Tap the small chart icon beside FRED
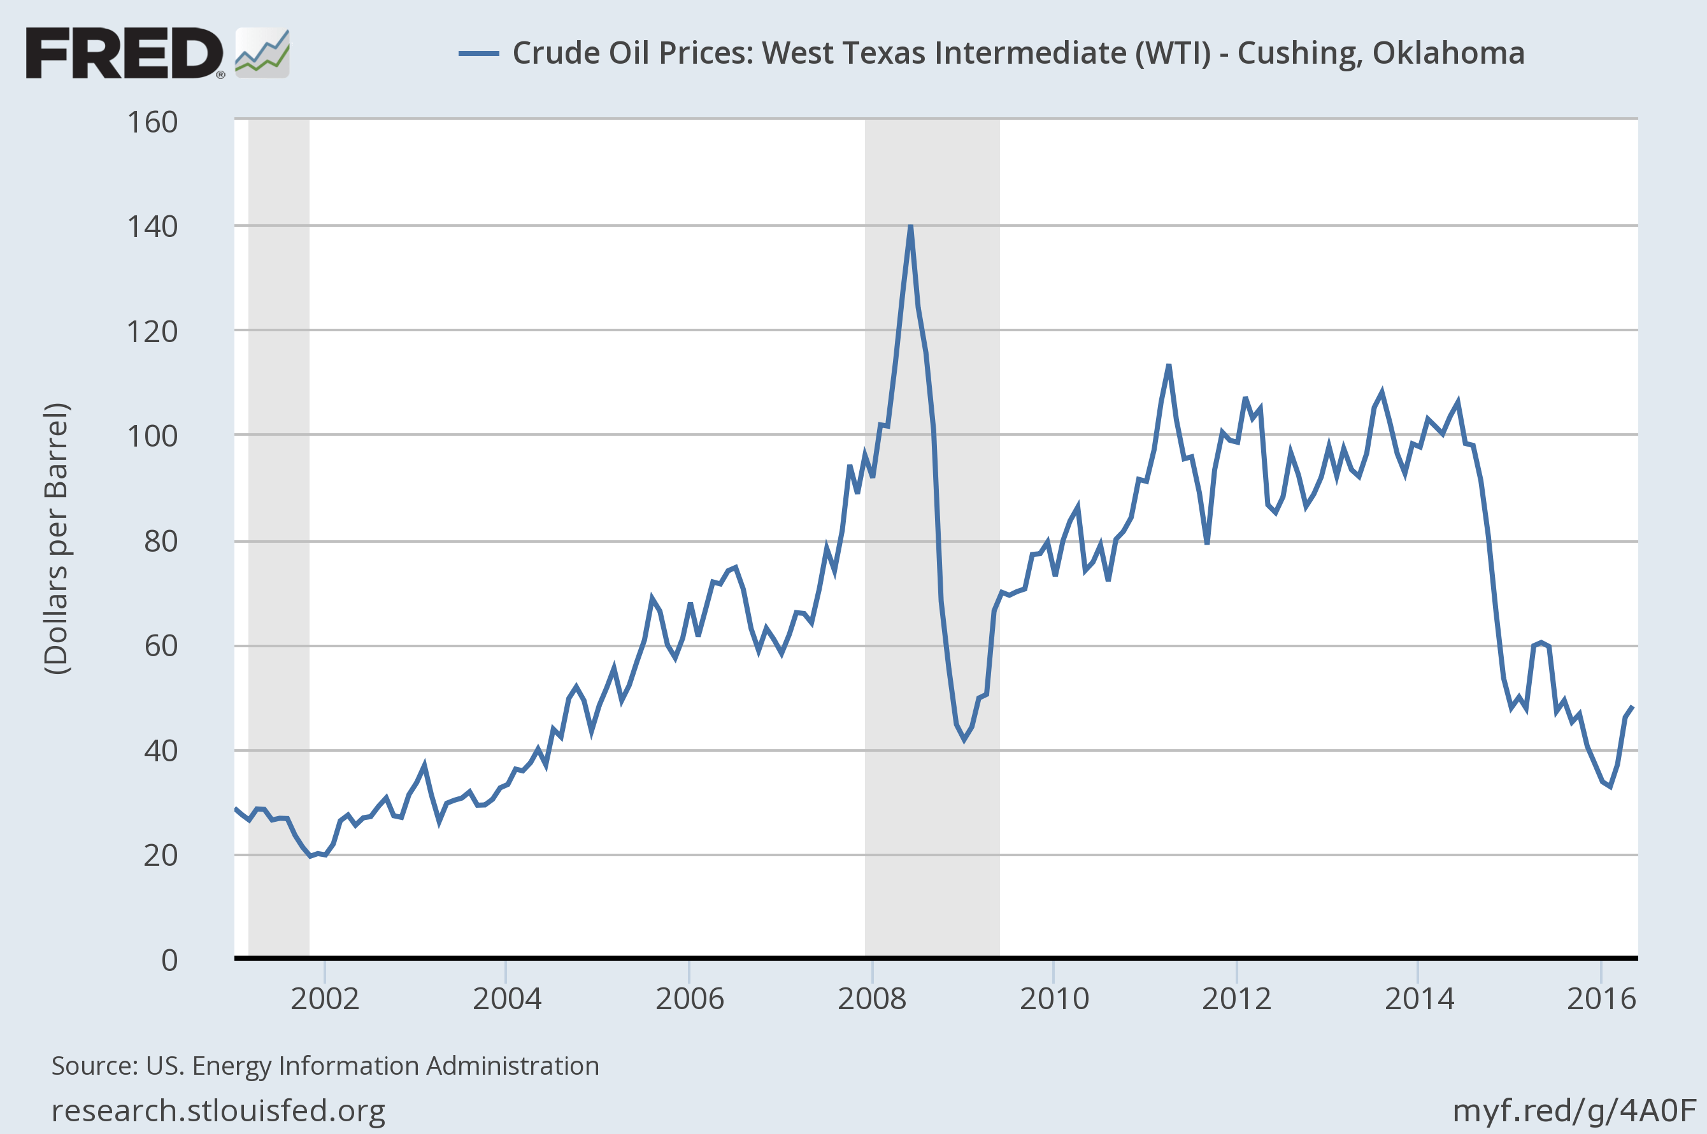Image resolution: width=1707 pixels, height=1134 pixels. click(262, 53)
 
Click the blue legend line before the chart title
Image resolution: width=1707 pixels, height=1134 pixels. click(478, 54)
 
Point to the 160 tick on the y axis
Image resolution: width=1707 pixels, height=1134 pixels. click(152, 122)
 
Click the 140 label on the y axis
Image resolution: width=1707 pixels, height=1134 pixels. click(152, 227)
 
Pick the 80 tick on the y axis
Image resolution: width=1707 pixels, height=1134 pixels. click(161, 541)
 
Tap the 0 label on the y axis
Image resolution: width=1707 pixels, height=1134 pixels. click(169, 959)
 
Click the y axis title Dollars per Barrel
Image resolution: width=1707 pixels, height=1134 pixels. click(57, 539)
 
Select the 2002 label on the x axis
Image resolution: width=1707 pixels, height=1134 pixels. click(325, 999)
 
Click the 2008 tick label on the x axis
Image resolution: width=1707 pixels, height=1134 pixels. click(871, 999)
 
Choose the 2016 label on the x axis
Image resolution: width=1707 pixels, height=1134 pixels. click(1601, 999)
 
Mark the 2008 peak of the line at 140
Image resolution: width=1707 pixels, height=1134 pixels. click(910, 226)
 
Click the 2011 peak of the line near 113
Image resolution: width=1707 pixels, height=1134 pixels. click(1168, 366)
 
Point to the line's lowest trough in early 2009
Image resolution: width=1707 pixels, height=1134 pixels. click(964, 739)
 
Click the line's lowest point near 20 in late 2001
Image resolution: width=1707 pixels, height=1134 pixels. click(311, 856)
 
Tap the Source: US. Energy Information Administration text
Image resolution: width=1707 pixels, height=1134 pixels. click(325, 1066)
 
